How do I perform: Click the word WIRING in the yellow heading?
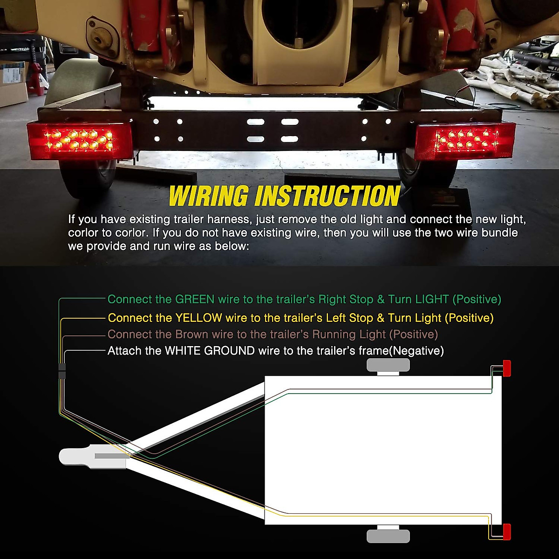(x=208, y=196)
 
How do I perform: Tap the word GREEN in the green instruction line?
(x=195, y=300)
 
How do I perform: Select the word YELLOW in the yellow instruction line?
(x=198, y=318)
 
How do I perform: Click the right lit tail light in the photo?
(x=464, y=141)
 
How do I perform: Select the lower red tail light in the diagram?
(x=506, y=532)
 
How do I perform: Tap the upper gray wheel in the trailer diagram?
(x=388, y=365)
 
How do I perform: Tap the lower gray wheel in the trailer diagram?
(x=388, y=536)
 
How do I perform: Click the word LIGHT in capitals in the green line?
(x=432, y=300)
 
